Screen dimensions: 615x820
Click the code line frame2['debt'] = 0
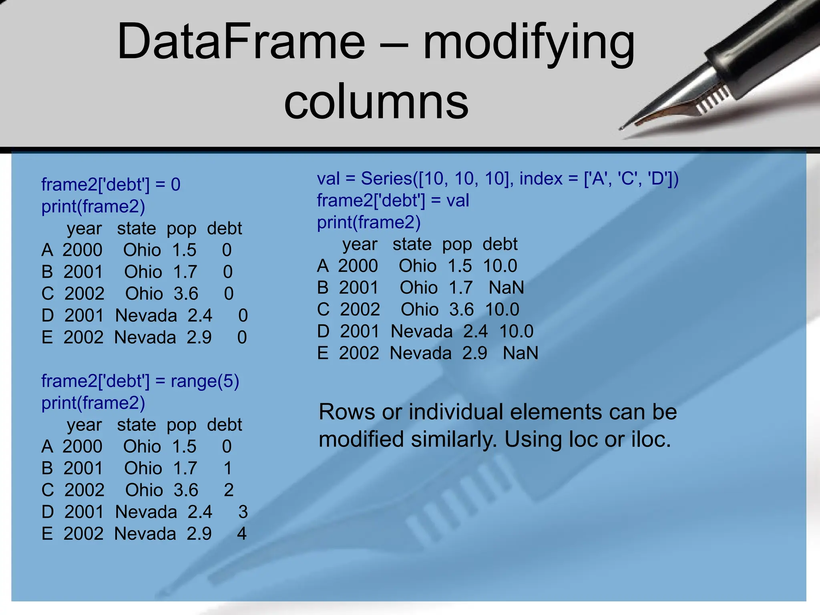click(111, 185)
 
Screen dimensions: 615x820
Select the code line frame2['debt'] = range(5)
click(140, 381)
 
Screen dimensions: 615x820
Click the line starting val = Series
click(498, 179)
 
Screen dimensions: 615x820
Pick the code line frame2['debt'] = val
click(393, 200)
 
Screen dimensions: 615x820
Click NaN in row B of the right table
click(506, 287)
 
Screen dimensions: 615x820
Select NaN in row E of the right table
click(520, 353)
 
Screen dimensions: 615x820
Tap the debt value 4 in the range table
click(241, 534)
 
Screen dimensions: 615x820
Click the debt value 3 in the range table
click(243, 512)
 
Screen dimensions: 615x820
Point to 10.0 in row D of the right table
click(516, 332)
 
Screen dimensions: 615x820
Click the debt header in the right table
click(500, 244)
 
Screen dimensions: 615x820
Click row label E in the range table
click(47, 534)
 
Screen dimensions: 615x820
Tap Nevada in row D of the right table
click(422, 332)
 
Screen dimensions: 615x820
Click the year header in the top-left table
click(84, 229)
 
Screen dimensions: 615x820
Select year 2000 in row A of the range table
click(82, 446)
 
